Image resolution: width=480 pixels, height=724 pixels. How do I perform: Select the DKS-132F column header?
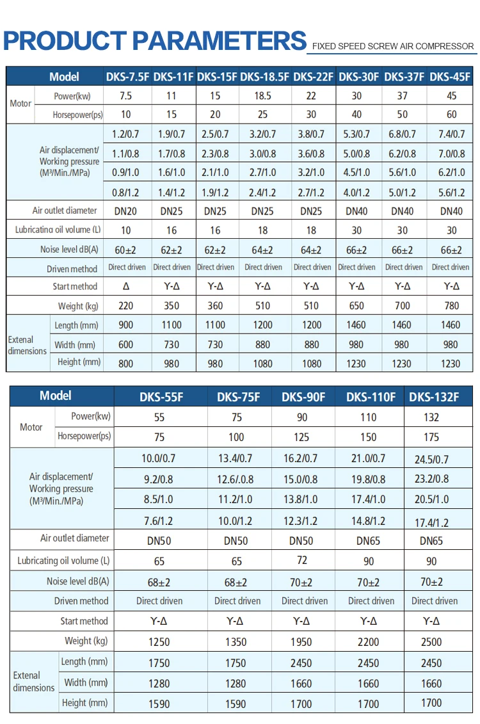(434, 397)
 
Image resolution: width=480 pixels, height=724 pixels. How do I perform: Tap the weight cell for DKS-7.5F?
(125, 306)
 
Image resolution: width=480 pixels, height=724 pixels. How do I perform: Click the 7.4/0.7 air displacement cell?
(451, 134)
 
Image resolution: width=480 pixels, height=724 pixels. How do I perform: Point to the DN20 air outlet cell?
(125, 211)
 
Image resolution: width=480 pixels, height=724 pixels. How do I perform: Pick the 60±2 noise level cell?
(125, 250)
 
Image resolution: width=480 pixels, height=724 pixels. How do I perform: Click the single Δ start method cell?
(126, 286)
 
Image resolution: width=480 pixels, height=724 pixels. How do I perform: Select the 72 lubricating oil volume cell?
(302, 560)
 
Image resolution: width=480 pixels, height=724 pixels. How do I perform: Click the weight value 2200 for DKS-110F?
(368, 642)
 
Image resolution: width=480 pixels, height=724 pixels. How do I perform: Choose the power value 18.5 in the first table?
(262, 95)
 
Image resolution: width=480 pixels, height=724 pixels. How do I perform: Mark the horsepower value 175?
(431, 437)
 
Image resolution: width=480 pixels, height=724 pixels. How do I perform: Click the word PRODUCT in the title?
(65, 40)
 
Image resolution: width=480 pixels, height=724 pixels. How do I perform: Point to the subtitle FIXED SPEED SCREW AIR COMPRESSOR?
(393, 46)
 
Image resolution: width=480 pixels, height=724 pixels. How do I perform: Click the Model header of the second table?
(56, 396)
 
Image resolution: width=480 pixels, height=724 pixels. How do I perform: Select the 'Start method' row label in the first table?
(75, 286)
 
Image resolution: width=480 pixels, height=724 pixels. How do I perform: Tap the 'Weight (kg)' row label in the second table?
(86, 641)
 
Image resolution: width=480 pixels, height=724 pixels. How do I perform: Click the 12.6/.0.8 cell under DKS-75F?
(236, 479)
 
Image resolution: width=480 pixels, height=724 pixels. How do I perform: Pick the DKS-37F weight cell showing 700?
(403, 306)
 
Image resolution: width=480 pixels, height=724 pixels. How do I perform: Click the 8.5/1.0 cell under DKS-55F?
(158, 499)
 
